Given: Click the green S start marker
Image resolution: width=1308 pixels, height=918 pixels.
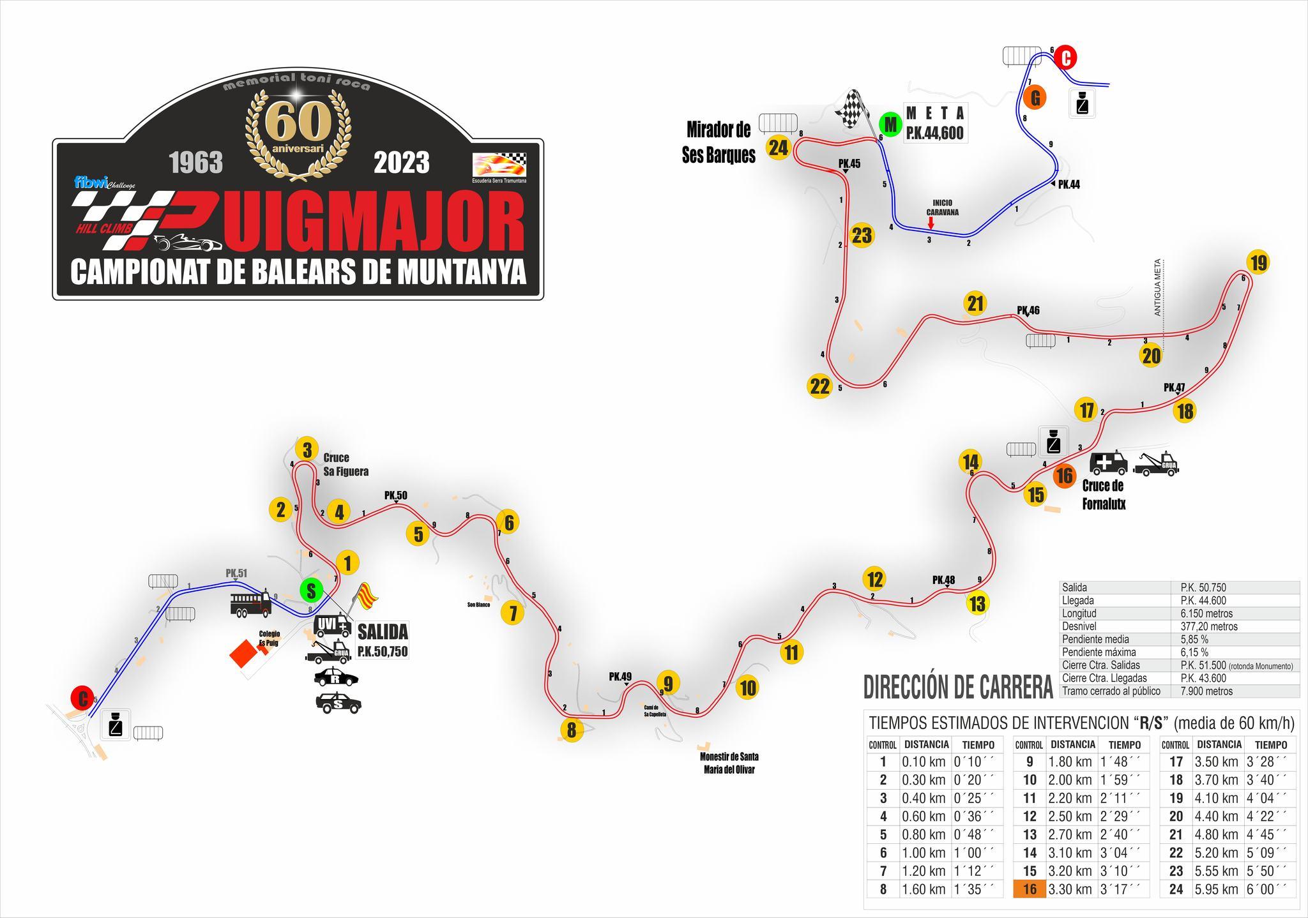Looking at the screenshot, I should (311, 591).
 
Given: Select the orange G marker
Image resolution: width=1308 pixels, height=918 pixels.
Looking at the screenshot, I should (1035, 98).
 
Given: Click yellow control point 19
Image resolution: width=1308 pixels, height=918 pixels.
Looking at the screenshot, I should (1258, 262).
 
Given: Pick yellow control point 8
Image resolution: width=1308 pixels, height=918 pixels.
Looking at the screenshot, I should (571, 729).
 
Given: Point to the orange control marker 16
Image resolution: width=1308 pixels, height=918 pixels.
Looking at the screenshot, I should (1064, 476).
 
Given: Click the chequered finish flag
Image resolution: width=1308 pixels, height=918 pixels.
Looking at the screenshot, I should (850, 109).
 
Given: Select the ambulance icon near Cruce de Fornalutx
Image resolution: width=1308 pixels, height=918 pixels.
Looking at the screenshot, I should (1109, 463).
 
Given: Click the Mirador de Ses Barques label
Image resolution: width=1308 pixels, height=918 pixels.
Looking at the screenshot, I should (719, 142).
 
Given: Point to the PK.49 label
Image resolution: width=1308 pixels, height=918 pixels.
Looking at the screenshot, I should (620, 677).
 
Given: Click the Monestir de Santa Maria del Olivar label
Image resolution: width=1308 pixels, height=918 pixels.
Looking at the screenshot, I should (729, 763).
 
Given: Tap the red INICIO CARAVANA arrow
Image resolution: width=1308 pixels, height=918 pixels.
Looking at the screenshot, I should (931, 223).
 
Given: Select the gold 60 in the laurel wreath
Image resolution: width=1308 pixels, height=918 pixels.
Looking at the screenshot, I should (298, 122).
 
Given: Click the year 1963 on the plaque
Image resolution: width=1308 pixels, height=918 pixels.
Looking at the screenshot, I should (196, 163).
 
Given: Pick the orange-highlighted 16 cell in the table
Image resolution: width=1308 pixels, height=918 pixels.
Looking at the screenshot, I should (1029, 889).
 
